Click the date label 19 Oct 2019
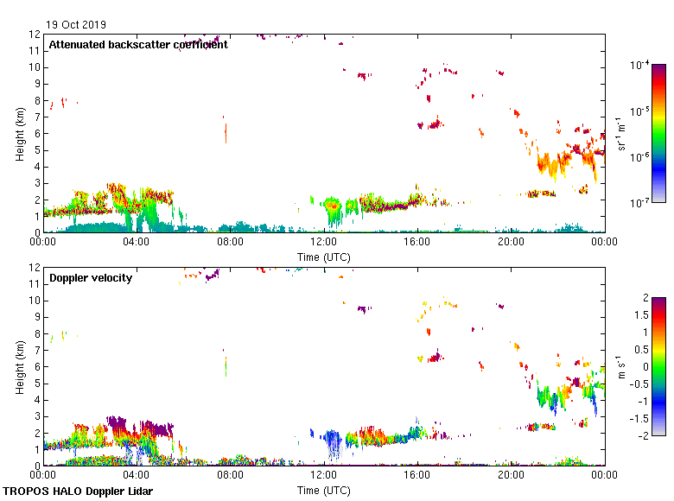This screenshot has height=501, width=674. (x=76, y=25)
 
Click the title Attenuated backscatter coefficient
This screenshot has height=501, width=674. (x=138, y=45)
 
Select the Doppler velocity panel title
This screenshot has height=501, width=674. (x=91, y=277)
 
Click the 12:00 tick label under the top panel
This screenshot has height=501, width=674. (x=324, y=243)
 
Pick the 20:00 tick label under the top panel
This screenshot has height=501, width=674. (x=511, y=243)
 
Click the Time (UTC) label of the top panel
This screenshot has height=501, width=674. (x=324, y=257)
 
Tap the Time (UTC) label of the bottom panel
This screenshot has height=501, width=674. (x=324, y=490)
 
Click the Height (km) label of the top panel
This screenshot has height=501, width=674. (x=20, y=134)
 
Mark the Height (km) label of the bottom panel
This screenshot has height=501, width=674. (x=20, y=367)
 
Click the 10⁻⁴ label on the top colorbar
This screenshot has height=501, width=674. (x=640, y=65)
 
